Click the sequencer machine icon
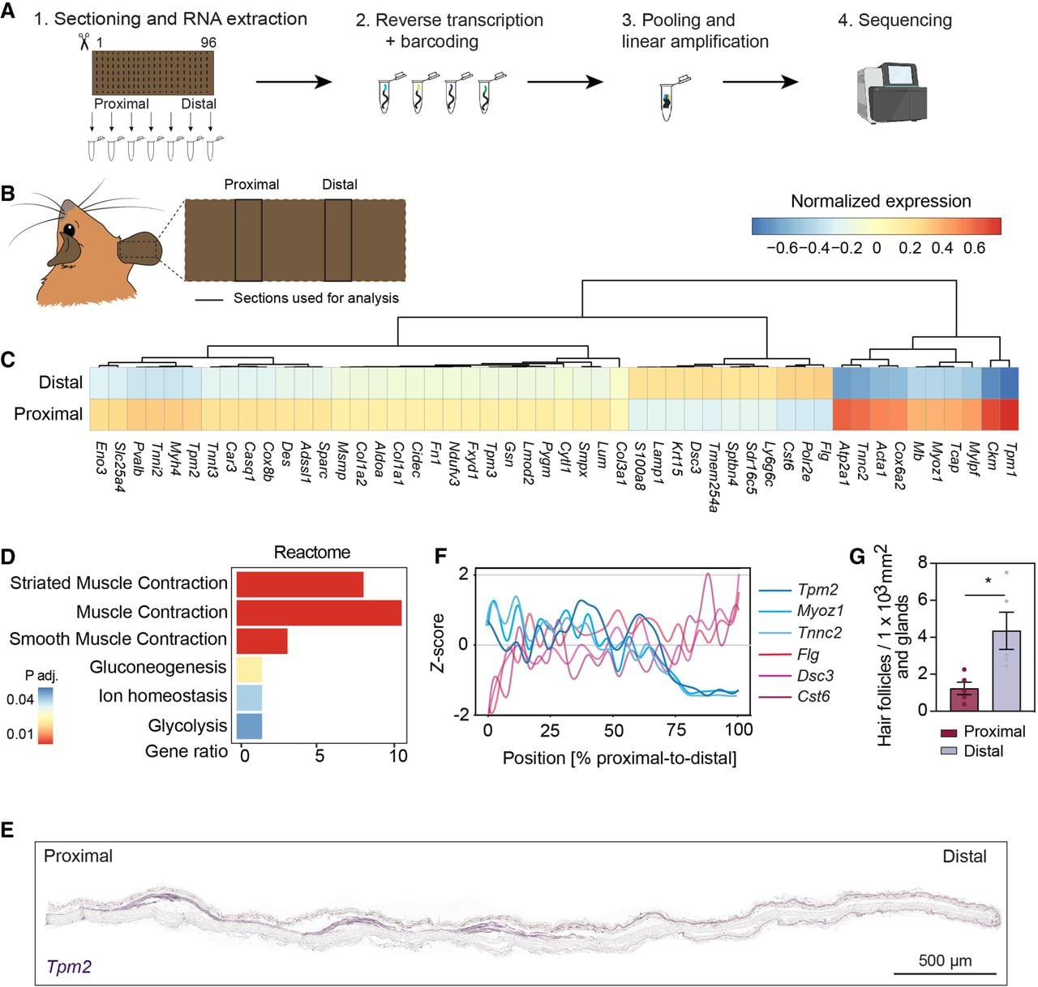891,93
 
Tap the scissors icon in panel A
84,41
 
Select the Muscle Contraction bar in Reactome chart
319,613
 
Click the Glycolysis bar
249,726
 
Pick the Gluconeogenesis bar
249,669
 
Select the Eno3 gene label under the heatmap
101,459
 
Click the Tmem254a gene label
713,477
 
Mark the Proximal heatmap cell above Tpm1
1009,415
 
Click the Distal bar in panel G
1006,670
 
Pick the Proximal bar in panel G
964,699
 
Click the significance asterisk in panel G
988,581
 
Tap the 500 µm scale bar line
945,972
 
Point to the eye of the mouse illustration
70,229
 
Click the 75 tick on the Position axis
676,730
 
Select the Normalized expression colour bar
876,226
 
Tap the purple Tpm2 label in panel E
69,967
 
